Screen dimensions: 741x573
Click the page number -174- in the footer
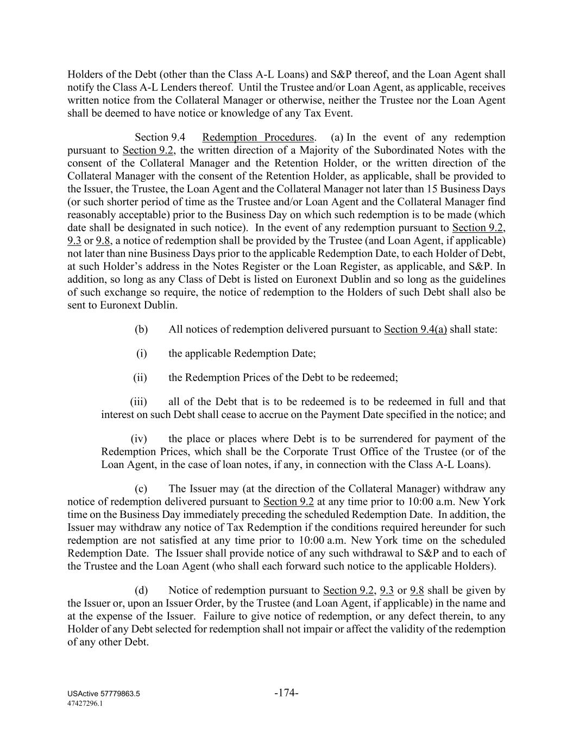[287, 693]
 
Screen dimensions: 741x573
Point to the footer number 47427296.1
[85, 702]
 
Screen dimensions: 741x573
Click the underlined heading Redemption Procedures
[258, 137]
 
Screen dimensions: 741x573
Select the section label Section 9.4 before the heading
[160, 137]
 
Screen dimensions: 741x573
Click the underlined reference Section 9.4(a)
[415, 329]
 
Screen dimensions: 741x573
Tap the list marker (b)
[141, 329]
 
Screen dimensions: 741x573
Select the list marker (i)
[141, 353]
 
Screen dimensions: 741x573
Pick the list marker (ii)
[140, 377]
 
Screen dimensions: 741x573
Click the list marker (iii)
[139, 402]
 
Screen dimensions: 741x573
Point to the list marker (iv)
[139, 439]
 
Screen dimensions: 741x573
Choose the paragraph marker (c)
[141, 489]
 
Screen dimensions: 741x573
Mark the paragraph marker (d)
[141, 590]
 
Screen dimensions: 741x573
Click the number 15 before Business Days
[432, 189]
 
